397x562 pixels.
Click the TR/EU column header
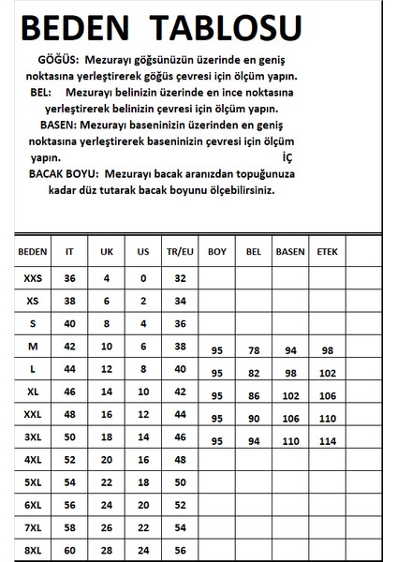click(181, 252)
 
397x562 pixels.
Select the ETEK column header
click(328, 252)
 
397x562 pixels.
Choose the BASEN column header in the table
click(289, 252)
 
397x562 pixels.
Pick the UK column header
click(107, 252)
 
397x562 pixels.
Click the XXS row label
click(33, 278)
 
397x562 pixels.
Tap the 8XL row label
click(33, 551)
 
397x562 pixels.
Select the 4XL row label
click(33, 460)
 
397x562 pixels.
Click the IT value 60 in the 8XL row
click(68, 551)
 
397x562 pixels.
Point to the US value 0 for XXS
click(143, 278)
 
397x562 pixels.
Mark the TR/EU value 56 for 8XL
click(181, 551)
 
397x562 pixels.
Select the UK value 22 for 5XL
click(107, 482)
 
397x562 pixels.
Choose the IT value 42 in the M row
click(68, 346)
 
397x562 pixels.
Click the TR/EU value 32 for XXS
click(181, 278)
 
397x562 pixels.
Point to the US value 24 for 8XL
click(143, 551)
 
